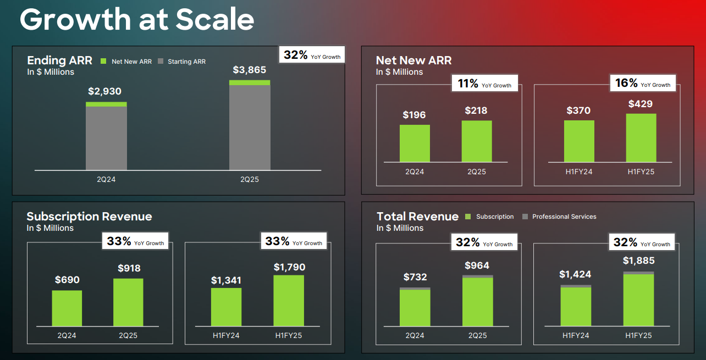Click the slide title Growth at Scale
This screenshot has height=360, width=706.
click(137, 20)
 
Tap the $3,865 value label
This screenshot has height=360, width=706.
click(249, 70)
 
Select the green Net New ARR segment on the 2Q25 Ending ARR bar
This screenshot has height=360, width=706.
click(250, 83)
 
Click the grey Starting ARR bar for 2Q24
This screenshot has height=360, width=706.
click(106, 138)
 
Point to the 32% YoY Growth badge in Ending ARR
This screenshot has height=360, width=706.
click(312, 56)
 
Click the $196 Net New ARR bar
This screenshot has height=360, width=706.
click(415, 143)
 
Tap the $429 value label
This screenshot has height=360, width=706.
click(641, 104)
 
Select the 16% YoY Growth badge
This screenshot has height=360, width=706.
click(642, 84)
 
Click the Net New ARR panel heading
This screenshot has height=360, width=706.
click(413, 60)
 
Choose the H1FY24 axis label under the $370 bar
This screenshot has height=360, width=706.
click(578, 171)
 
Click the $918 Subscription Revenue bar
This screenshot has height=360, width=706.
click(128, 302)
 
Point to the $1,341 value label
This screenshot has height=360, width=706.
click(226, 280)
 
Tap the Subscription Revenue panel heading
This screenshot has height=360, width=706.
click(89, 217)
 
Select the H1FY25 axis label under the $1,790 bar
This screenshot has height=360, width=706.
click(288, 335)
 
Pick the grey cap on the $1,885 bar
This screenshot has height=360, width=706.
click(639, 273)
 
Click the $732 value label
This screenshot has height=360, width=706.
click(415, 277)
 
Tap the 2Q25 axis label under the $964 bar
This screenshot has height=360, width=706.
click(477, 335)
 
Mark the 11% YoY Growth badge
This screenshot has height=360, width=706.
click(484, 84)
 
